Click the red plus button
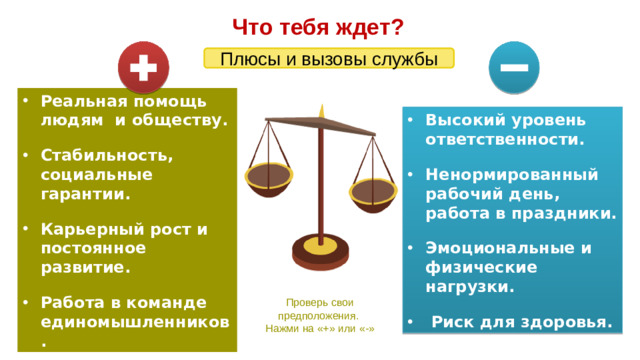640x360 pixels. (x=144, y=66)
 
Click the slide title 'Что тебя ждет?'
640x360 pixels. (x=318, y=25)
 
